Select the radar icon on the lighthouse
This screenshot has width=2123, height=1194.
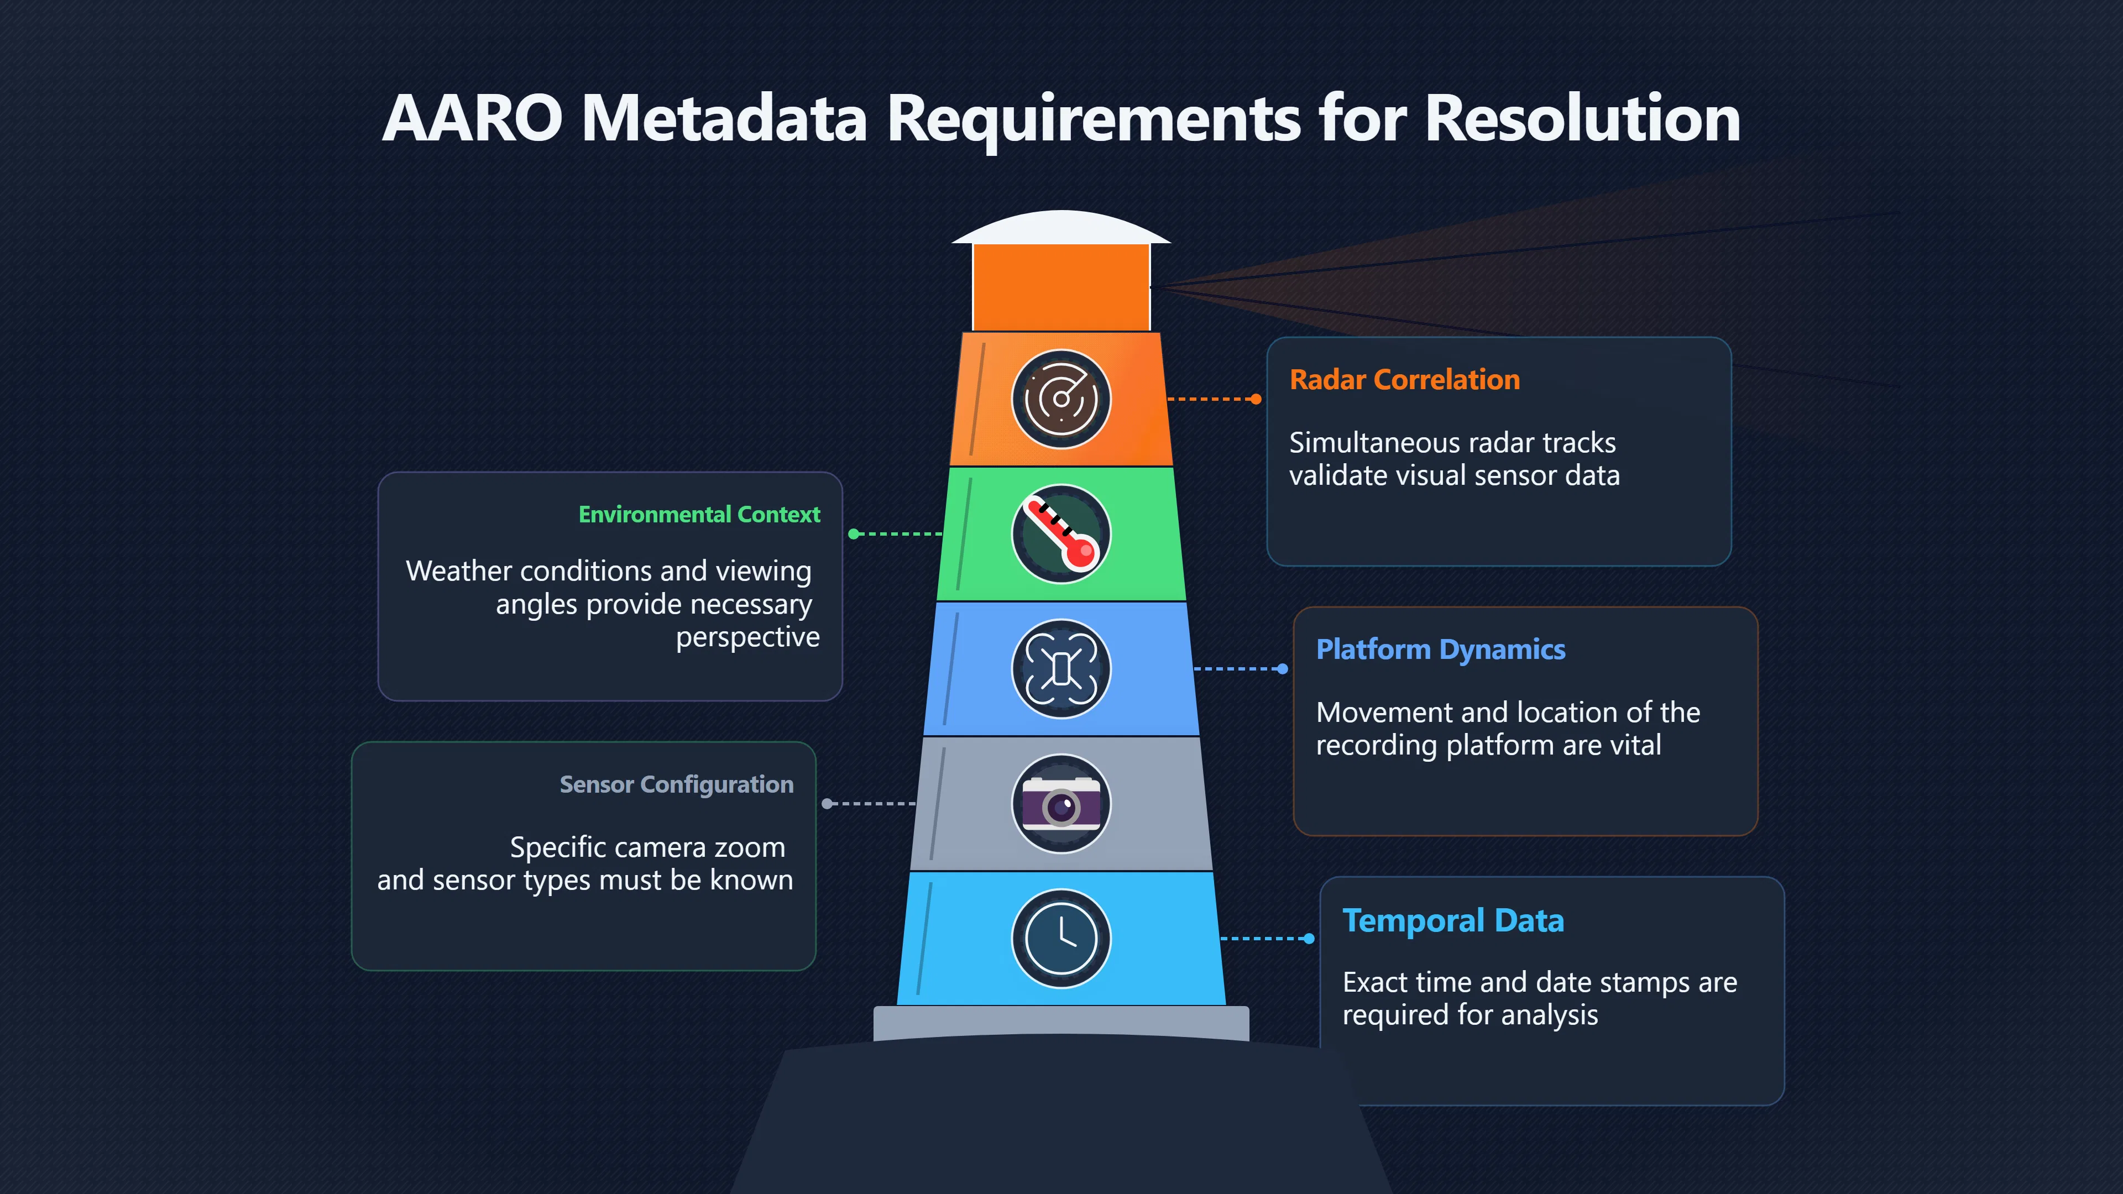1061,400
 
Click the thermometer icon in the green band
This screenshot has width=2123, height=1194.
1061,534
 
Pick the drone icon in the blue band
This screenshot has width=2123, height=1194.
1061,668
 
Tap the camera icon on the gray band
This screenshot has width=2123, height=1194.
1061,803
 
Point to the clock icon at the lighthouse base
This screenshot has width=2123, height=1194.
1061,938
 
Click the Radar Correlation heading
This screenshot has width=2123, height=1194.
1404,380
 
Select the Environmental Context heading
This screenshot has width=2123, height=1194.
699,514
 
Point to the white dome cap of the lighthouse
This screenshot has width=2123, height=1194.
1061,227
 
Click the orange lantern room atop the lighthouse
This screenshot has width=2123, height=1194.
1061,287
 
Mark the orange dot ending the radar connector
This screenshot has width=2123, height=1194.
1256,399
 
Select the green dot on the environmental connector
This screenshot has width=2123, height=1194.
854,534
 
